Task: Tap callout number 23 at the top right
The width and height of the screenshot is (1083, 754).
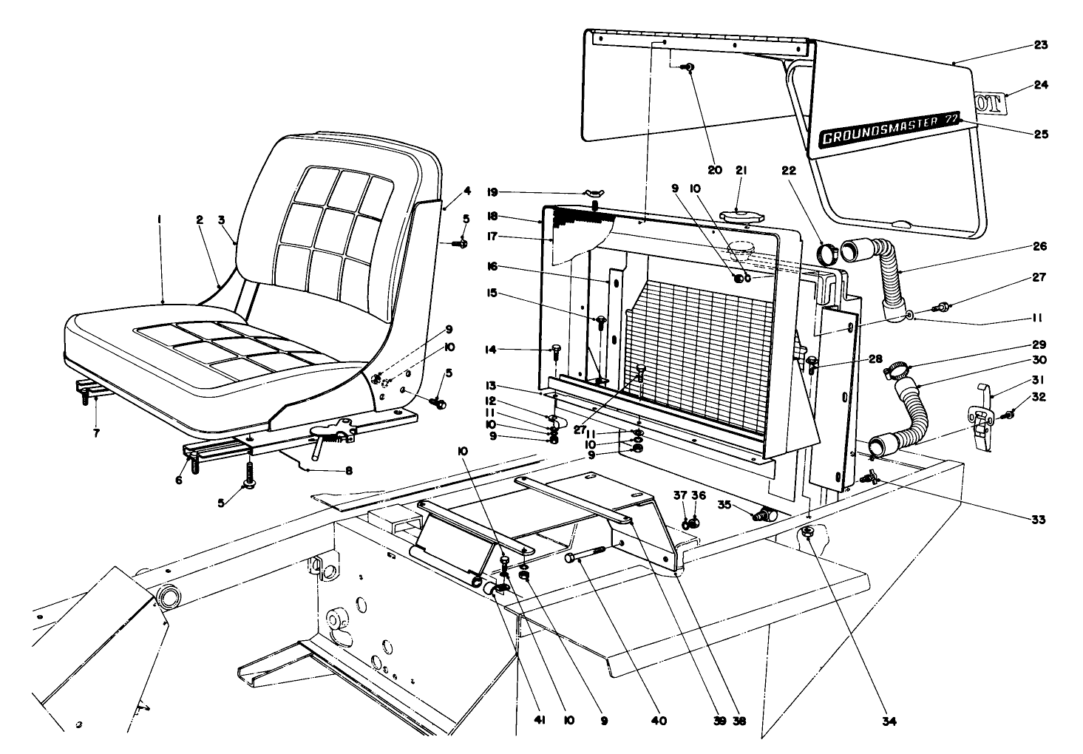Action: [1040, 46]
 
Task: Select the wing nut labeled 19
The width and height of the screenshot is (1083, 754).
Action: [594, 194]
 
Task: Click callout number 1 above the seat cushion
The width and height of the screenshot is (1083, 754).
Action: [159, 220]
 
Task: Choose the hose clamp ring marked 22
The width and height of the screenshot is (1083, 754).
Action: [826, 254]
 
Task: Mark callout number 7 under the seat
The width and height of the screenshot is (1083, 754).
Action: [95, 432]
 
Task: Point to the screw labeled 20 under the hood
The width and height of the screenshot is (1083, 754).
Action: [689, 68]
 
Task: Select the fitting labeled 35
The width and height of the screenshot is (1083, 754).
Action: [761, 514]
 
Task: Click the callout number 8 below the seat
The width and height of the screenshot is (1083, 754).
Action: [347, 470]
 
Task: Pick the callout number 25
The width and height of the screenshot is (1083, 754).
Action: [1040, 135]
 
